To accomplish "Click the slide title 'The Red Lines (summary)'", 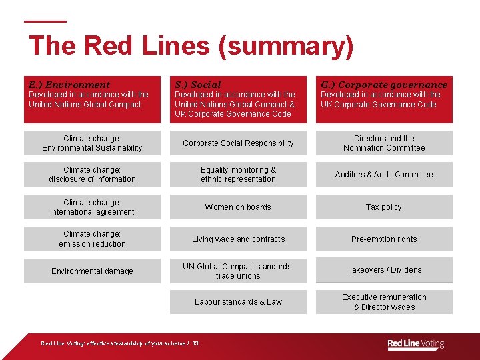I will click(x=191, y=46).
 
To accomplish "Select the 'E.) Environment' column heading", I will click(x=69, y=85).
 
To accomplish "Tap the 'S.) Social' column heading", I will click(x=197, y=85).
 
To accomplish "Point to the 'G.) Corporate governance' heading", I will click(x=384, y=85).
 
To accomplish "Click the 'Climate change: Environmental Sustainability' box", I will click(x=92, y=143).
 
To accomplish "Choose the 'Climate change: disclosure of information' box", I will click(x=92, y=175).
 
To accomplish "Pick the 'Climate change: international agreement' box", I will click(x=92, y=207).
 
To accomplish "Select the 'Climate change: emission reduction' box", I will click(x=92, y=239).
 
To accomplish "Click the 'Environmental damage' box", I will click(x=92, y=271).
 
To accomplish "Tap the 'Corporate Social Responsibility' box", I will click(x=238, y=143).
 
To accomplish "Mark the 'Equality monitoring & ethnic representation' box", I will click(x=238, y=175).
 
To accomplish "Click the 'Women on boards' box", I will click(x=238, y=207).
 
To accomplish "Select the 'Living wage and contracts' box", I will click(x=238, y=239).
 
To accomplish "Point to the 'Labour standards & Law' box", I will click(x=238, y=302).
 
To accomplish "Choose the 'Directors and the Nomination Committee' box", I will click(x=384, y=143).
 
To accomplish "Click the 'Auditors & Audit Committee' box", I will click(x=384, y=175).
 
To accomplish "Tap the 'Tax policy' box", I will click(x=384, y=207).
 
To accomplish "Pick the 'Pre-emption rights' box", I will click(x=384, y=239).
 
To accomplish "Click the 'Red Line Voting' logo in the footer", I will click(x=415, y=344).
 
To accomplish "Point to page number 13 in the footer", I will click(x=195, y=343).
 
